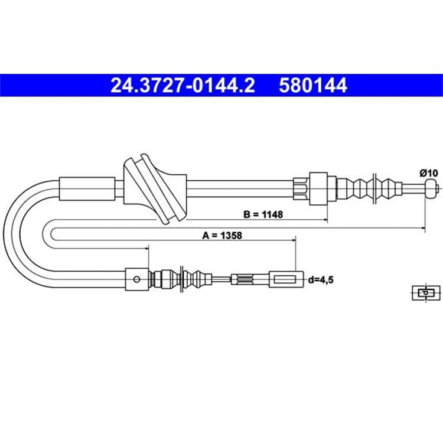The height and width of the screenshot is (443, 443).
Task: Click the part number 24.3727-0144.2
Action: pos(183,85)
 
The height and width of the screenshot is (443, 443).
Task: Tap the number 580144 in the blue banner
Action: pos(312,85)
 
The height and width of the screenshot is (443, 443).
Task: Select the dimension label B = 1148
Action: pos(263,214)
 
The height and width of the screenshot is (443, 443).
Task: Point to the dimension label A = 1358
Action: pos(222,235)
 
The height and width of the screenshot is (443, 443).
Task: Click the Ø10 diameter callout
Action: pos(429,172)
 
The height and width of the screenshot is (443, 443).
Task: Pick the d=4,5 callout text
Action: pos(321,280)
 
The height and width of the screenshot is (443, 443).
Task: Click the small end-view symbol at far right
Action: pos(426,293)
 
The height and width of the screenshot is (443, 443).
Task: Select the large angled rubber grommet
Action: pos(155,189)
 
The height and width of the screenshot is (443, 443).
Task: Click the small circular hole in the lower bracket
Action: pos(137,280)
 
